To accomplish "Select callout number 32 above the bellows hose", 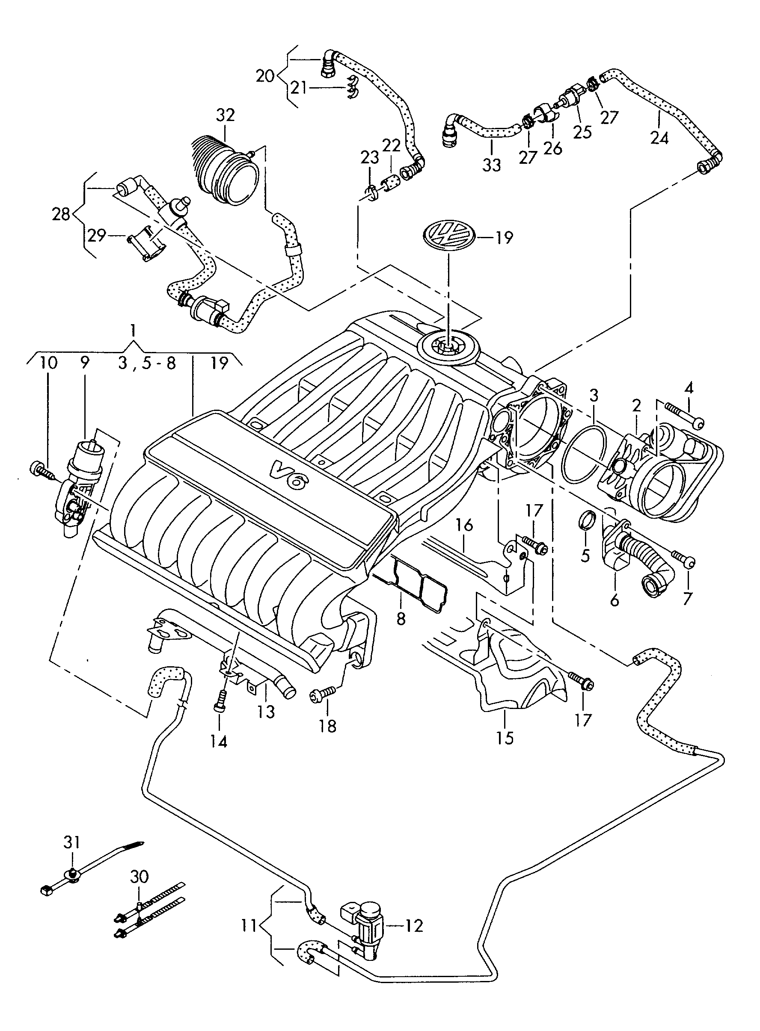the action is pos(225,115).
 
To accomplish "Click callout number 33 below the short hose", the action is pos(491,165).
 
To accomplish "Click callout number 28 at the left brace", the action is pos(61,214).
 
